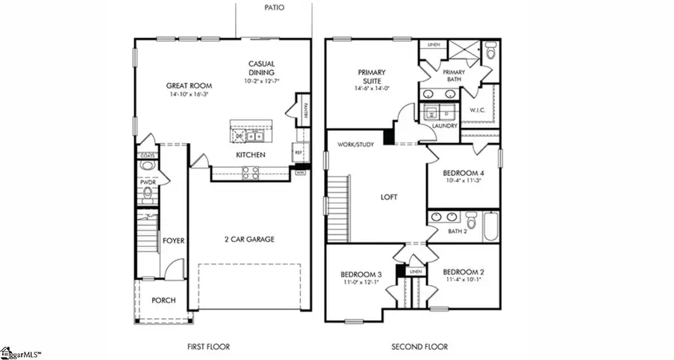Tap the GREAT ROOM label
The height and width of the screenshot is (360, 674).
185,86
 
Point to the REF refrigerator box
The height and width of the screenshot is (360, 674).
298,151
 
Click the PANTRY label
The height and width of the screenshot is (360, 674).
306,110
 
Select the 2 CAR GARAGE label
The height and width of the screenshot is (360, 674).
250,240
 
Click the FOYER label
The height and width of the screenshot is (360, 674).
174,240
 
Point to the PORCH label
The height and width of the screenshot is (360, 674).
163,300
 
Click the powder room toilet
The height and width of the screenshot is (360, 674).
148,195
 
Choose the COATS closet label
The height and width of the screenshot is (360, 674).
148,156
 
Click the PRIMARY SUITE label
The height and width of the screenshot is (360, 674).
370,76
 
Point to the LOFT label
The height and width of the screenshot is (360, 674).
388,198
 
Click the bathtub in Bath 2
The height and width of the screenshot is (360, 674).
491,225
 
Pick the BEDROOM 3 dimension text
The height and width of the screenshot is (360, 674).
361,283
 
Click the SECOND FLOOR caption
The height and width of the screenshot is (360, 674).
419,347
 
